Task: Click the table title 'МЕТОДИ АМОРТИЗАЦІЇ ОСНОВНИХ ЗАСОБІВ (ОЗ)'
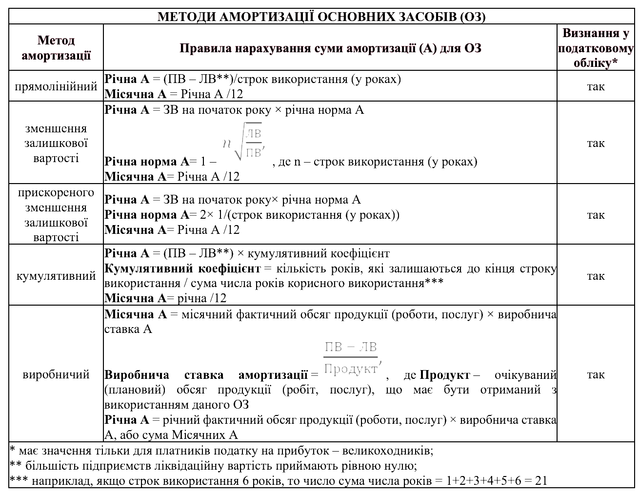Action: tap(321, 17)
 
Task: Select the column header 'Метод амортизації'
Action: tap(56, 47)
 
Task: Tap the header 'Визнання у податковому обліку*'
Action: tap(596, 48)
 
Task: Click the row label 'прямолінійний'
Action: tap(56, 86)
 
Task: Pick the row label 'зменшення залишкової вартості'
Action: tap(56, 143)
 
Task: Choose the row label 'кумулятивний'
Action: tap(56, 276)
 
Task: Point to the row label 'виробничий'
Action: tap(56, 374)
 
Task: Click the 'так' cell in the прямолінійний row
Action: tap(596, 86)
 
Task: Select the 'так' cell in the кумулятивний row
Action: tap(596, 276)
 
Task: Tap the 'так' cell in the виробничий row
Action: tap(596, 374)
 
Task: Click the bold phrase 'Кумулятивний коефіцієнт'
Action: tap(183, 269)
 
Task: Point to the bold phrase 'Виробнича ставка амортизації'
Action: tap(206, 375)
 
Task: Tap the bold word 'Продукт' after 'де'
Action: tap(444, 375)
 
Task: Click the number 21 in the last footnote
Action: tap(541, 480)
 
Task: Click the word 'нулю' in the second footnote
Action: tap(401, 465)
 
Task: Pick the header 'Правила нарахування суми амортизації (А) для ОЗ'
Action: tap(330, 48)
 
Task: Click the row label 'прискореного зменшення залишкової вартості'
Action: tap(56, 214)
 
